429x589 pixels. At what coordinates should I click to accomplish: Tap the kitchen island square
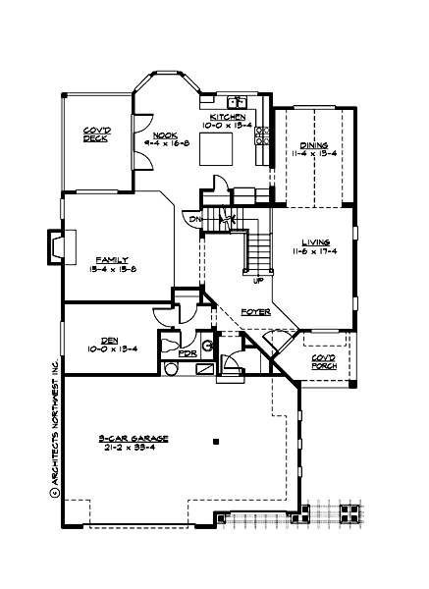pos(215,150)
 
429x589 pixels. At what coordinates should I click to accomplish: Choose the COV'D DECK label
pos(95,135)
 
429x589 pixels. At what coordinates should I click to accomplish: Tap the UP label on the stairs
pos(257,280)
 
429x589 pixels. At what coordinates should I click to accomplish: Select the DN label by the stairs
pos(195,218)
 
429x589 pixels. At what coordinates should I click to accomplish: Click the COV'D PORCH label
pos(324,362)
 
